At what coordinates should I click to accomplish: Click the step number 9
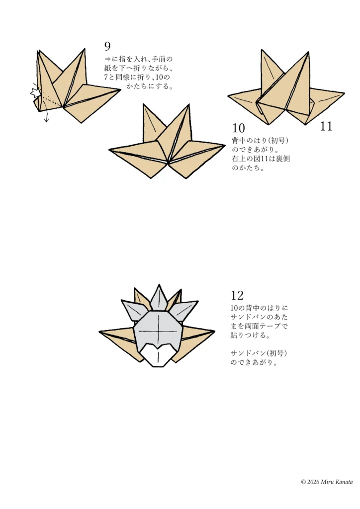point(107,47)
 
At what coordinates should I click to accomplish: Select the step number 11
point(326,127)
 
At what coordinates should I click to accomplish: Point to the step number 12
point(237,296)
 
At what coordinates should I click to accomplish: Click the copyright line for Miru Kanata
point(327,482)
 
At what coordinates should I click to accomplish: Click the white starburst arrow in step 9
point(35,92)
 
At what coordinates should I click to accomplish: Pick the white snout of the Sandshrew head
point(158,356)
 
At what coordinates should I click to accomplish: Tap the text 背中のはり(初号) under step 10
point(260,141)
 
